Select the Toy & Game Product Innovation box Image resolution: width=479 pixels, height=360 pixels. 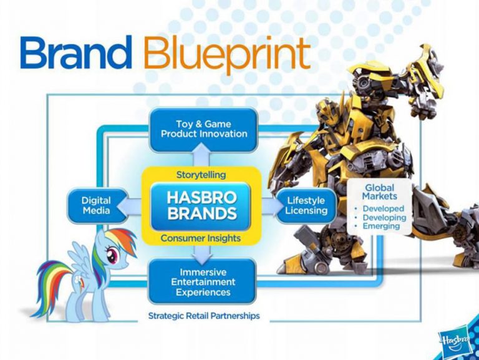203,129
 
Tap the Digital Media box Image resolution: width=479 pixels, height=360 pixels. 96,206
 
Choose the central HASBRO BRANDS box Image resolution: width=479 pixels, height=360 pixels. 201,205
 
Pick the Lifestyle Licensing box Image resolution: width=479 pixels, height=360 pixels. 306,206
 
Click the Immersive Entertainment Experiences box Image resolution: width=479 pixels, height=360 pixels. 202,282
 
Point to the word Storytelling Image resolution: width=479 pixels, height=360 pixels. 201,175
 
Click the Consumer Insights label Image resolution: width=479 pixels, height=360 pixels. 201,238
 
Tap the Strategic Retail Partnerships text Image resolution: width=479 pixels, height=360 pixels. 203,316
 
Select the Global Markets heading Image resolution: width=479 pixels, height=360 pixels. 380,192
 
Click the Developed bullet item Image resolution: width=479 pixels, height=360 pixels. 383,208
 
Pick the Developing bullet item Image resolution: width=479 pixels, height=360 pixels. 384,217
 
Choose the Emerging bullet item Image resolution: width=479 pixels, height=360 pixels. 382,226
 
